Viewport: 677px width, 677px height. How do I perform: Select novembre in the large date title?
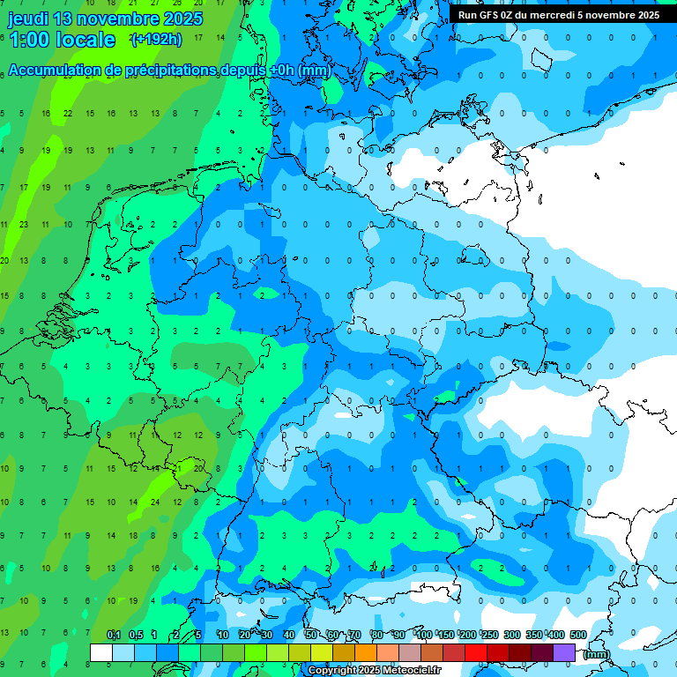pos(121,19)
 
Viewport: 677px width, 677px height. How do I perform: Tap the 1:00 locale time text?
pos(62,40)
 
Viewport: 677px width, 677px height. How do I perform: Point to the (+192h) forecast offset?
pos(157,40)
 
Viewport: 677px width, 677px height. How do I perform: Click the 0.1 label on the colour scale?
pos(113,636)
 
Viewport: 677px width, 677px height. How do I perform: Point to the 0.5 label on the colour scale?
pos(136,636)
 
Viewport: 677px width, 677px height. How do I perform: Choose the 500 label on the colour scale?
pos(578,636)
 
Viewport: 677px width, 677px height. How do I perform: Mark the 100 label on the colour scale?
pos(424,636)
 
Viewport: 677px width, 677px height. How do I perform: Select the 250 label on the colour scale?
pos(490,636)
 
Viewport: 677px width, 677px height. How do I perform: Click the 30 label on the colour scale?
pos(267,636)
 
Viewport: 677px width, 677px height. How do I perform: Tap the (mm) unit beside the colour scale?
pos(597,654)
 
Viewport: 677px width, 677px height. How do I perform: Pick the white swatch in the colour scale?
pos(101,652)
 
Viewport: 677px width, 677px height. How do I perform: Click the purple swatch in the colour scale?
pos(564,652)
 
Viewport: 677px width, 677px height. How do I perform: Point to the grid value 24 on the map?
pos(154,502)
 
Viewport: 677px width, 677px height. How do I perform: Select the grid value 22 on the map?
pos(68,114)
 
